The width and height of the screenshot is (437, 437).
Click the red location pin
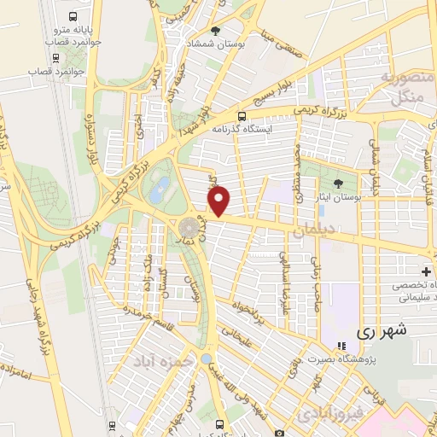219,201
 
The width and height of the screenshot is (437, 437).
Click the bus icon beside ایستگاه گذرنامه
242,117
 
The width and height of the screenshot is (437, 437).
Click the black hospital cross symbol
427,271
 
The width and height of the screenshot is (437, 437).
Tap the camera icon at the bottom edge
279,433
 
